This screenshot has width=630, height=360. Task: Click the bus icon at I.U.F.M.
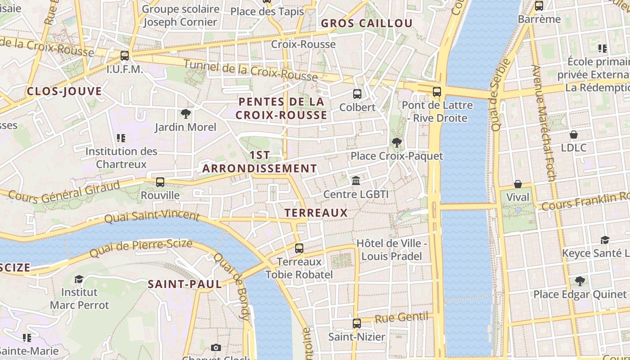point(125,56)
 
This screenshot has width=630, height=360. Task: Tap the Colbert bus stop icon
point(357,94)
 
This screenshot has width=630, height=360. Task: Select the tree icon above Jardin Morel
point(185,114)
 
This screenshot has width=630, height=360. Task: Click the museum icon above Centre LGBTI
point(356,181)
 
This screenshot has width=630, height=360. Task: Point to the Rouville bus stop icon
point(160,182)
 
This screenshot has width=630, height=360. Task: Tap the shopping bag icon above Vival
point(518,184)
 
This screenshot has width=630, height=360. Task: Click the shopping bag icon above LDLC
point(574,134)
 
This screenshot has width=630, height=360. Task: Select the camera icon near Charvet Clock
point(216,347)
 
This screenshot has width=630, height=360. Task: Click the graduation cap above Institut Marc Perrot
point(79,279)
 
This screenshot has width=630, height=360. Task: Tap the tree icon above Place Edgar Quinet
point(580,281)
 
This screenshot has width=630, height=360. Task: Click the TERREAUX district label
point(316,213)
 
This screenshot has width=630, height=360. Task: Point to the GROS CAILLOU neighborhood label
point(366,23)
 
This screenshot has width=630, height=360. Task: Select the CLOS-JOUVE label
point(64,91)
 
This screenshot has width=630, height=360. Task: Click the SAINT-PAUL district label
point(185,284)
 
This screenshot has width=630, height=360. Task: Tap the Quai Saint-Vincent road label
point(152,217)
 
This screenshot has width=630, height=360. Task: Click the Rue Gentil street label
point(401,318)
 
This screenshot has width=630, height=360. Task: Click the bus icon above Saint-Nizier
point(357,323)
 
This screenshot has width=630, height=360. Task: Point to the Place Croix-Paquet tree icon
point(396,143)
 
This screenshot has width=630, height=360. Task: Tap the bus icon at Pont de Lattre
point(436,92)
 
